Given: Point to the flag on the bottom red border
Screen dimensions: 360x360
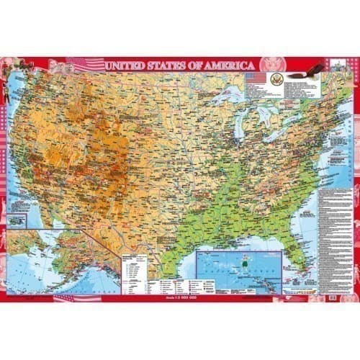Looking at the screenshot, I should tap(61, 297).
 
